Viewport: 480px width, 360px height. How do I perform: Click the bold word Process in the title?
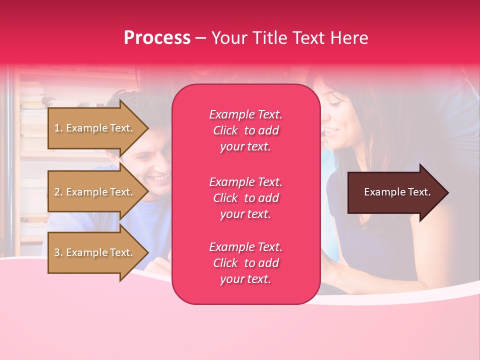pyautogui.click(x=157, y=38)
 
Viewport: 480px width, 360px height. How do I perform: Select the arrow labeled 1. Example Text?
pyautogui.click(x=95, y=128)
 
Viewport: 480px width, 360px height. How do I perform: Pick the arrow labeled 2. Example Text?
pyautogui.click(x=95, y=192)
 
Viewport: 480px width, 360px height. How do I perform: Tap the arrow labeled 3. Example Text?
pyautogui.click(x=95, y=252)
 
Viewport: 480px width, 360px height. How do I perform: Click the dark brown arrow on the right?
pyautogui.click(x=395, y=192)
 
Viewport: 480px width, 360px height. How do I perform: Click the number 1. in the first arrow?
pyautogui.click(x=58, y=128)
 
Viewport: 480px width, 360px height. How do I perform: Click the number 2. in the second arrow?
pyautogui.click(x=58, y=192)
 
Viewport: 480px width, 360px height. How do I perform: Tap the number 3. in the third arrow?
pyautogui.click(x=58, y=253)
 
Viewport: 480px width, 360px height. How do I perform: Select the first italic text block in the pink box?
pyautogui.click(x=245, y=130)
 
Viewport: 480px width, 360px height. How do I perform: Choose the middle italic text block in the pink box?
pyautogui.click(x=245, y=198)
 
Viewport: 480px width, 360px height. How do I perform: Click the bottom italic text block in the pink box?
pyautogui.click(x=245, y=263)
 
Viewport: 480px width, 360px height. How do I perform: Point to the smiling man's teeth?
pyautogui.click(x=161, y=177)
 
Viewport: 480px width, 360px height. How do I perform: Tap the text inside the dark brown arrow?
pyautogui.click(x=397, y=192)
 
